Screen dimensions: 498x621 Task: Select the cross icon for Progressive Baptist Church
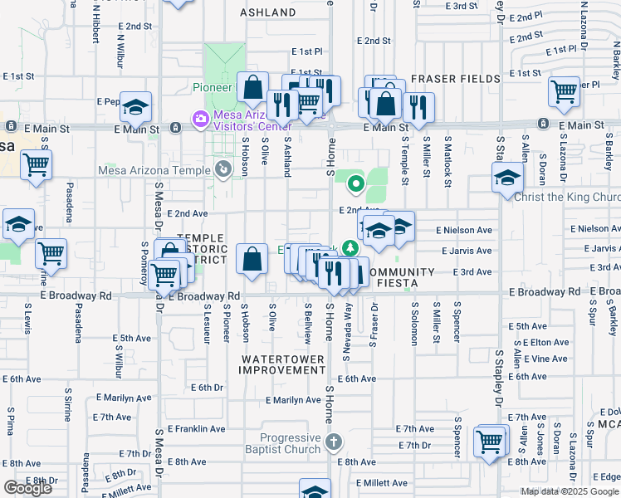click(333, 441)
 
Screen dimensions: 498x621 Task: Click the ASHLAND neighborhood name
click(268, 12)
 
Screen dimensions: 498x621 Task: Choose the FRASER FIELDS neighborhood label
click(457, 78)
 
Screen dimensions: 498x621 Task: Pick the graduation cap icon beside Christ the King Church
click(507, 178)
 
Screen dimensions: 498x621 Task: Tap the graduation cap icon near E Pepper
click(136, 107)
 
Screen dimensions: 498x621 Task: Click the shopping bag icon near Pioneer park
click(252, 86)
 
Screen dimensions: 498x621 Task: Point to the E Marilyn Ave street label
click(293, 399)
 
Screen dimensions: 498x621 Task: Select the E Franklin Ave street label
click(197, 429)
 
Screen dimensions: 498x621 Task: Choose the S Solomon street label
click(413, 318)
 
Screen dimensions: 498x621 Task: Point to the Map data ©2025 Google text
click(570, 491)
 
